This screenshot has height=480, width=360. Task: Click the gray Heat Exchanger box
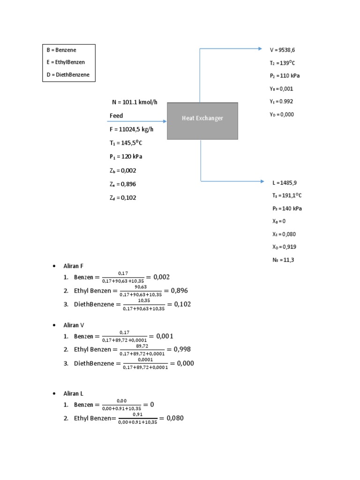click(202, 120)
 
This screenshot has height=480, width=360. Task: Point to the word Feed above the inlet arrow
click(116, 115)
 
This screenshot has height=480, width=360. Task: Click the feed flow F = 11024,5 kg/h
click(134, 129)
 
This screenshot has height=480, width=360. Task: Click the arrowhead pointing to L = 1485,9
click(261, 181)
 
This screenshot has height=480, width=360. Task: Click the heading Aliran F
click(73, 266)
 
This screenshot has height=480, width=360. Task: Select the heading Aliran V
click(74, 325)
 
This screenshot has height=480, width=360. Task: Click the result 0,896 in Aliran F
click(180, 291)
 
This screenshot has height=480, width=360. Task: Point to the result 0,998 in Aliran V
click(182, 349)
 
